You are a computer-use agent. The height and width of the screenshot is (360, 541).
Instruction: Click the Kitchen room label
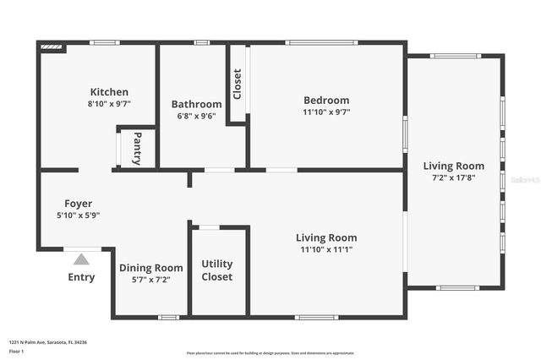click(109, 92)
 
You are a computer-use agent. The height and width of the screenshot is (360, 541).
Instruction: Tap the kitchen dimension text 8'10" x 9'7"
click(109, 104)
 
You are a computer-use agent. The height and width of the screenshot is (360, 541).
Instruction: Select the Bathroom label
click(196, 104)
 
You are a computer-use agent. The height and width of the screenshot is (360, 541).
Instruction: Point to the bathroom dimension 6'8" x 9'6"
click(196, 116)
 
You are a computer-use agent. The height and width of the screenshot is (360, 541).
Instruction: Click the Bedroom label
click(326, 101)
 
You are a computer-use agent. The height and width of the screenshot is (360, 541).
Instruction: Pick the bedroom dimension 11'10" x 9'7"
click(326, 112)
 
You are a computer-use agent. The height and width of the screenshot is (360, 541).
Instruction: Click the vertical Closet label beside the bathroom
click(237, 85)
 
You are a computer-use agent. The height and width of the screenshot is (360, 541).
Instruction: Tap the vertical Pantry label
click(137, 148)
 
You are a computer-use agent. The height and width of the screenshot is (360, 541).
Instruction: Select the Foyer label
click(79, 204)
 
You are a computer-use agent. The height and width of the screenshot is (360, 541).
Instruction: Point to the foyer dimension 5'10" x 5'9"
click(79, 215)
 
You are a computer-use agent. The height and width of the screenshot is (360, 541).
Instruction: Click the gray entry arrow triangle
click(81, 259)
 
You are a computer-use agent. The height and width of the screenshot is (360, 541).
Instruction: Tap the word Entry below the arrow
click(81, 277)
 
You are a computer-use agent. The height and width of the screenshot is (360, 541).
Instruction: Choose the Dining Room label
click(151, 268)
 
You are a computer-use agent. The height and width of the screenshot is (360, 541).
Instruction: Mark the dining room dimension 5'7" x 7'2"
click(151, 280)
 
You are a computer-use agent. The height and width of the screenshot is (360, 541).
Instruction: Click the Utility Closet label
click(216, 270)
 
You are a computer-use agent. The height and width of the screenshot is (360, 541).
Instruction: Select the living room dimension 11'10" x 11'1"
click(326, 249)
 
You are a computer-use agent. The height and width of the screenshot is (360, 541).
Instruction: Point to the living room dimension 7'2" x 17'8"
click(454, 177)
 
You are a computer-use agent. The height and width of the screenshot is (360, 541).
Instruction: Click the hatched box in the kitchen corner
click(52, 47)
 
